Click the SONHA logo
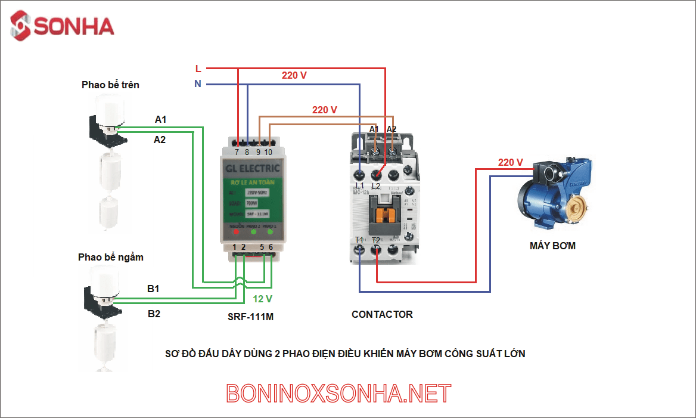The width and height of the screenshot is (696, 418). (x=62, y=26)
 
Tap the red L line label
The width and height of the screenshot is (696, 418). (x=198, y=69)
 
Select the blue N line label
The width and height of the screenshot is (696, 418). (x=198, y=84)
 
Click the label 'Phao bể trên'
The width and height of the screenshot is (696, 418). (x=110, y=85)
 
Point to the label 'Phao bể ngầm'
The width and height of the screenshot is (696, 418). (x=110, y=258)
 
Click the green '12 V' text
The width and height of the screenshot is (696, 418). (x=262, y=299)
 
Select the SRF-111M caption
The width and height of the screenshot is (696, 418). (x=250, y=317)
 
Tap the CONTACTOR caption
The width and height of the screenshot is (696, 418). (x=381, y=314)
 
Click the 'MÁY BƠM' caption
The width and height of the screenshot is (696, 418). (x=552, y=245)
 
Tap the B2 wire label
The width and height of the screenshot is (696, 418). (x=154, y=314)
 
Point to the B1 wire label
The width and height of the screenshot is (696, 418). (x=153, y=289)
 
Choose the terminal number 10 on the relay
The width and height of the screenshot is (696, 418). (x=268, y=152)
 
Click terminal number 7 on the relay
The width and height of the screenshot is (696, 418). (x=237, y=152)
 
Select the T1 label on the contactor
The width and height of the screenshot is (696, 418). (x=359, y=240)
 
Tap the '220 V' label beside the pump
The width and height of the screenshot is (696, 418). (x=510, y=162)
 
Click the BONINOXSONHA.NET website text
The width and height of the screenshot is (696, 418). (x=338, y=394)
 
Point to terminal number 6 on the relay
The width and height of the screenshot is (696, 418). (x=271, y=247)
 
